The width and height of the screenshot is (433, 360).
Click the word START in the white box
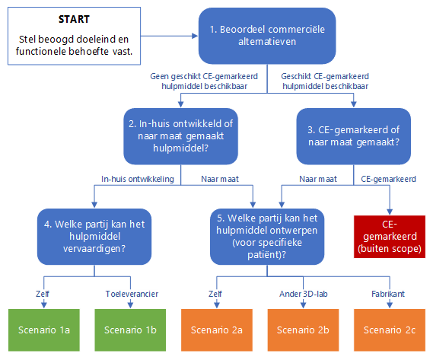click(x=74, y=19)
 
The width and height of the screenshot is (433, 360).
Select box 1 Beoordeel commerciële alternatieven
click(x=267, y=36)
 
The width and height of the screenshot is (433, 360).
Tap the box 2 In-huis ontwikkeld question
click(x=180, y=136)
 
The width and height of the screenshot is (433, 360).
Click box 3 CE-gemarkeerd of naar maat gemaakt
click(x=353, y=136)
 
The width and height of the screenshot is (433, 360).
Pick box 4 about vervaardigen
click(x=94, y=237)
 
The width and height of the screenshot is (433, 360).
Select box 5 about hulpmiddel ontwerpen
click(x=267, y=237)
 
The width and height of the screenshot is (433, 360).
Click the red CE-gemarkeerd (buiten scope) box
click(x=390, y=237)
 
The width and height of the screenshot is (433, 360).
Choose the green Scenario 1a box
click(x=44, y=330)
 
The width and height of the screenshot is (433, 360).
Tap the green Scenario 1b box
click(x=130, y=330)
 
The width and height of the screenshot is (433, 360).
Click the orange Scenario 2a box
click(x=217, y=330)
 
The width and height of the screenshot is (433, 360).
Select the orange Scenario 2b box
click(x=303, y=330)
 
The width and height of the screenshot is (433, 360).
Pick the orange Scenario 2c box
click(x=390, y=330)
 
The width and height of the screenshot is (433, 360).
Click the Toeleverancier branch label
click(x=132, y=294)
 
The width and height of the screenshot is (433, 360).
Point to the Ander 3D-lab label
click(x=304, y=294)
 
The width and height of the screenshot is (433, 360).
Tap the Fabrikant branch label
click(x=388, y=294)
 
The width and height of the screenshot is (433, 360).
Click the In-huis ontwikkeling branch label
click(x=138, y=179)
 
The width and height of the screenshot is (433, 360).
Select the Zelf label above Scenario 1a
click(x=43, y=294)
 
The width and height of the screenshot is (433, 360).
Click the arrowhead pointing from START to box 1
click(x=195, y=36)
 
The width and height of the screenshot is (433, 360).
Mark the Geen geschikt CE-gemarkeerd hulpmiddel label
click(x=204, y=81)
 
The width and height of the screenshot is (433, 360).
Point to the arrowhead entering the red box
click(x=390, y=212)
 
